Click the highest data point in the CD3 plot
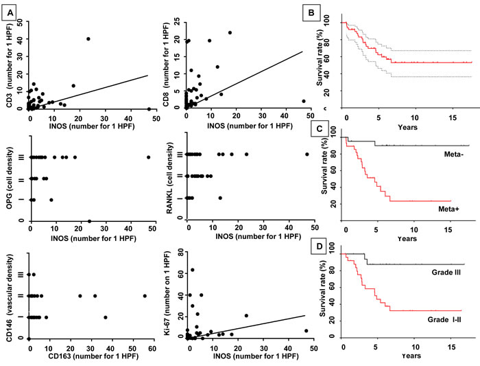tap(88, 38)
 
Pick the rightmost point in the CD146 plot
tap(145, 296)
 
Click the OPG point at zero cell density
tap(89, 221)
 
